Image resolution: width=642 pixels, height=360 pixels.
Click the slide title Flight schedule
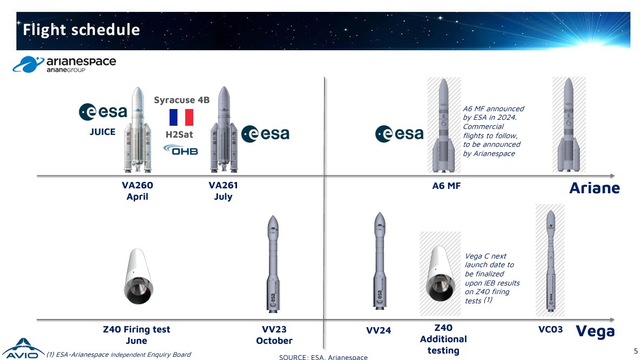click(x=81, y=30)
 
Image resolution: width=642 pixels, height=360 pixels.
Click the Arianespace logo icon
click(x=28, y=64)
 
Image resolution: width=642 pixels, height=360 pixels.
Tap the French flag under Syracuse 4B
click(x=181, y=117)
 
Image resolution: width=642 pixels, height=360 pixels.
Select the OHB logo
click(x=180, y=150)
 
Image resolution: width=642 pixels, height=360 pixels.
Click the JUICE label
click(x=103, y=132)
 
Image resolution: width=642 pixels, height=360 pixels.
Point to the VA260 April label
click(x=137, y=191)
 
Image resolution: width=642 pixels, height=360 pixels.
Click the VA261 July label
click(x=223, y=191)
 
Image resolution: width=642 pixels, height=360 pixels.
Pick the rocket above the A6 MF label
click(x=444, y=125)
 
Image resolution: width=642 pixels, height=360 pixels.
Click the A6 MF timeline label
click(x=447, y=186)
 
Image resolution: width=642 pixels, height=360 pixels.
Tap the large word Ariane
click(x=594, y=188)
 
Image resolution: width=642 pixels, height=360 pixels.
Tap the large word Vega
click(x=596, y=331)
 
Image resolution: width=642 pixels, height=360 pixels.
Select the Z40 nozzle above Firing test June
click(x=138, y=276)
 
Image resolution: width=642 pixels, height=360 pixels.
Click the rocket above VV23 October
click(x=273, y=264)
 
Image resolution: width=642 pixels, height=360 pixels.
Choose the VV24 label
click(x=379, y=330)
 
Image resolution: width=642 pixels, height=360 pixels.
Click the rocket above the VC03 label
click(x=551, y=261)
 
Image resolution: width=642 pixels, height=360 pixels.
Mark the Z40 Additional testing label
click(x=443, y=339)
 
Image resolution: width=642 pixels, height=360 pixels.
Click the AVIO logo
click(x=23, y=349)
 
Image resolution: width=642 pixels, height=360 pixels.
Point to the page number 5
click(x=636, y=351)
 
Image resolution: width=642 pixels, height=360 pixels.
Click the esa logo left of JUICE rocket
click(x=103, y=112)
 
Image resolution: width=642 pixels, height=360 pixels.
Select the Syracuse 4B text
click(x=182, y=100)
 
